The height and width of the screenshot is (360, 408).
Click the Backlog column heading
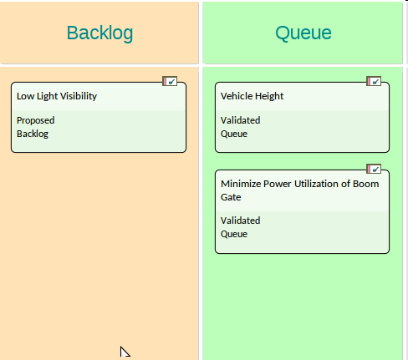coord(99,33)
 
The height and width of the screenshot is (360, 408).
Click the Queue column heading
coord(303,33)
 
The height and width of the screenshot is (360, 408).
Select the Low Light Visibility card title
coord(57,96)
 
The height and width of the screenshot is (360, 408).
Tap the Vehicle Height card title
coord(252,96)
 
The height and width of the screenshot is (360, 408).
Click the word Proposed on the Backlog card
coord(36,120)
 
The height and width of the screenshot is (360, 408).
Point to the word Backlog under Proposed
coord(33,134)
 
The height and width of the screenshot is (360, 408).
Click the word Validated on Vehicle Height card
coord(240,120)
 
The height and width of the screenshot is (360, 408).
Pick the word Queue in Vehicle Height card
coord(234,134)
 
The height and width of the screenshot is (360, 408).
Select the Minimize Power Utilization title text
coord(300,190)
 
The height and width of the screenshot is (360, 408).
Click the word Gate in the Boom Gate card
coord(231,197)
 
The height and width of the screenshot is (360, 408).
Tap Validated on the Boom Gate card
coord(240,221)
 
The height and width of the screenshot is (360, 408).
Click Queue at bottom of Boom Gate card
coord(234,234)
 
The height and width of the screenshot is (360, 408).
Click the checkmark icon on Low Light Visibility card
coord(170,81)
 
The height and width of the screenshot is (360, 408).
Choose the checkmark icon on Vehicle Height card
coord(374,81)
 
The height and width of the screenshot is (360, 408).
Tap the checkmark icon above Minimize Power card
coord(374,169)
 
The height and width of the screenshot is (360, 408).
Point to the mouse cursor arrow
coord(125,352)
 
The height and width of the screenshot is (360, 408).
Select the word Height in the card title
coord(269,96)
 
